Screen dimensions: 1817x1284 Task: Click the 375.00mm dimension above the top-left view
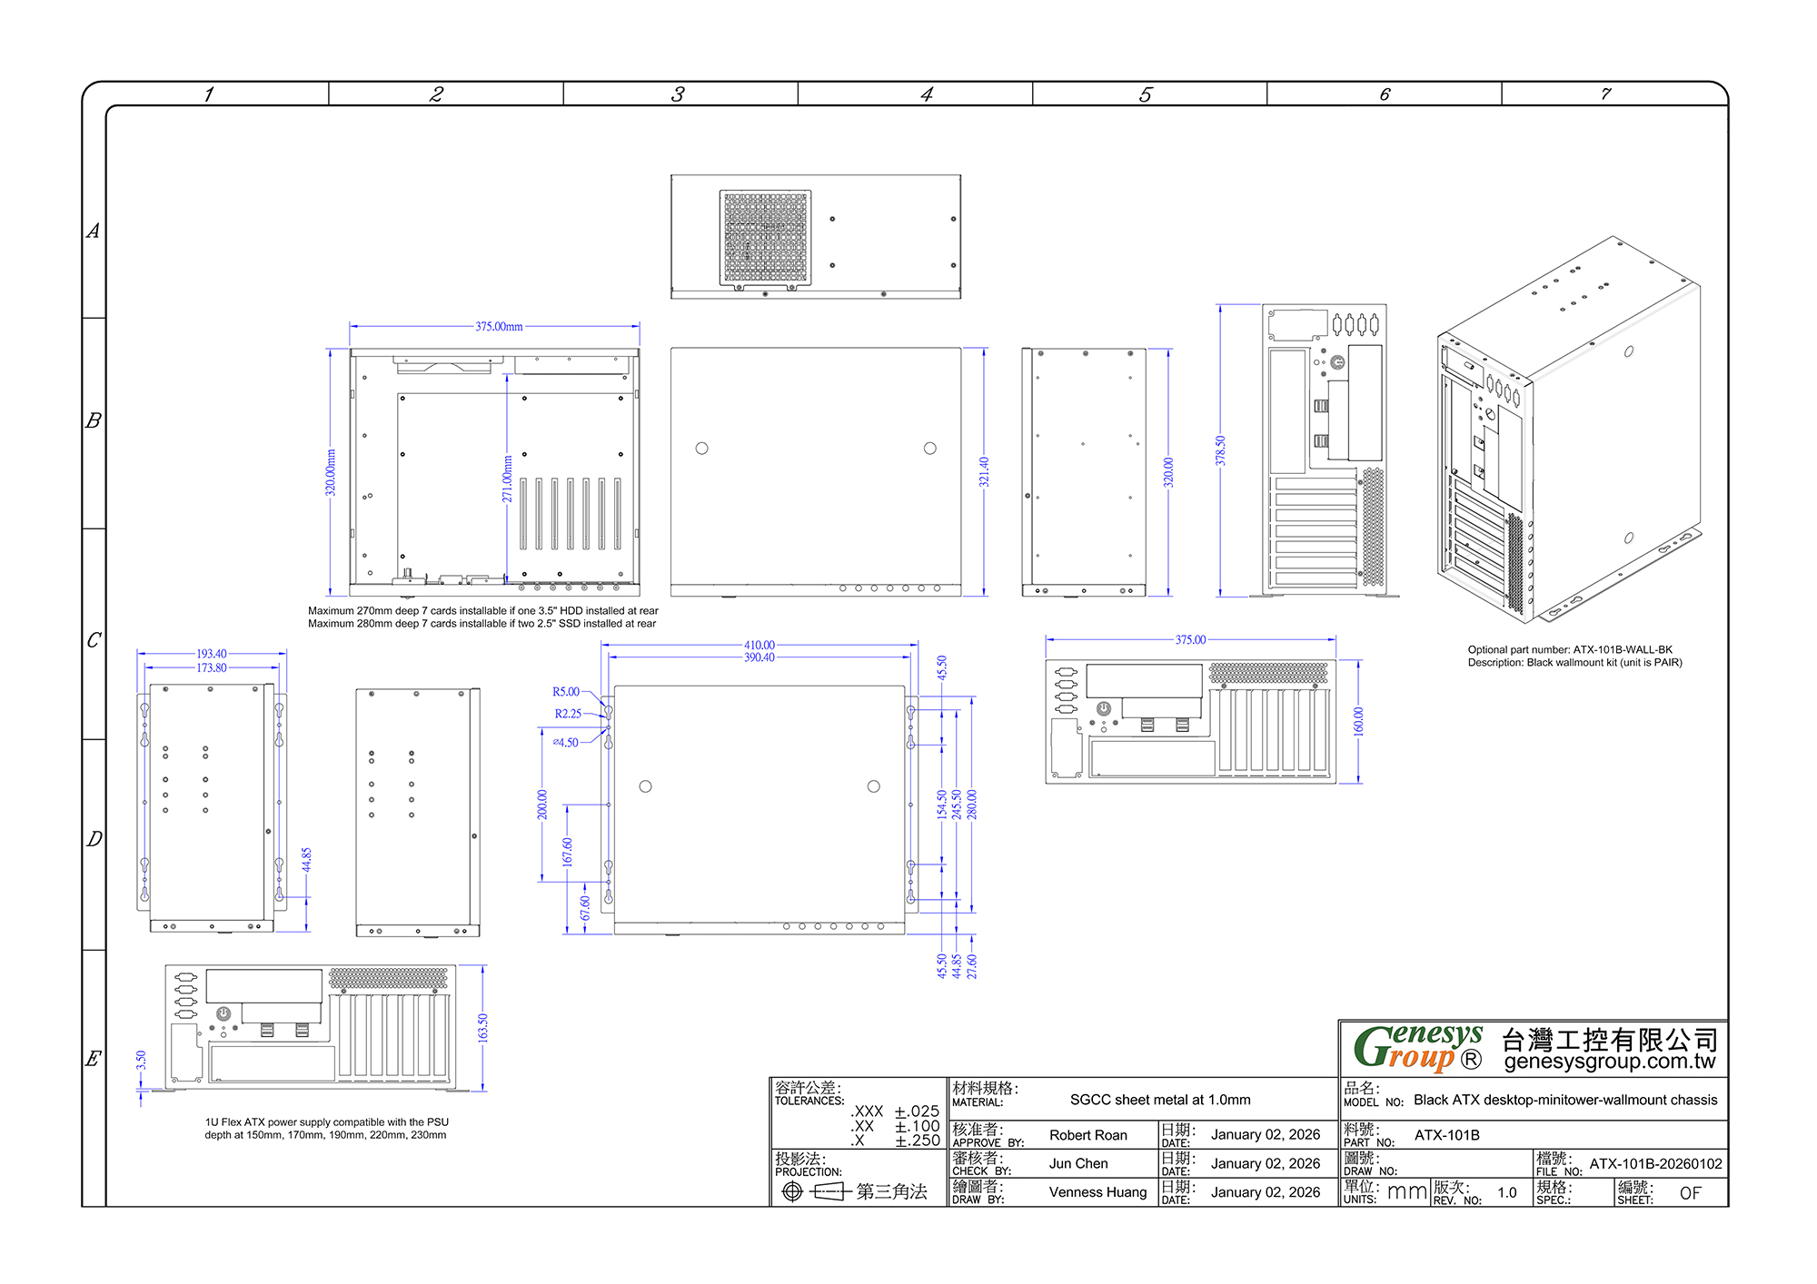tap(499, 327)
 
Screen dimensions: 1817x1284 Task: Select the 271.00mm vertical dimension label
tap(508, 479)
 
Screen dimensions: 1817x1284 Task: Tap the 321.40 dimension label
tap(984, 472)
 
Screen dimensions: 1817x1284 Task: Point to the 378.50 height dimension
tap(1220, 451)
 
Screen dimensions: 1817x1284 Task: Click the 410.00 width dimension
tap(760, 646)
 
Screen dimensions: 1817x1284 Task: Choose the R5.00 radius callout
tap(566, 692)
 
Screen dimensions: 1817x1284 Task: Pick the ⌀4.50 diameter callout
tap(565, 743)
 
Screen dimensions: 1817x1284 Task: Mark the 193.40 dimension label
tap(212, 654)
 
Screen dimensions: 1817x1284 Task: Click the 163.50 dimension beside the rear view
tap(482, 1028)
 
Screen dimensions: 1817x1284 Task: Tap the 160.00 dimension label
tap(1358, 721)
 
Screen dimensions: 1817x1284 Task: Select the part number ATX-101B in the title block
tap(1446, 1135)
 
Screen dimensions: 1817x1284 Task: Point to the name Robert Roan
tap(1087, 1135)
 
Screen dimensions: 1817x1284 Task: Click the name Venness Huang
tap(1097, 1192)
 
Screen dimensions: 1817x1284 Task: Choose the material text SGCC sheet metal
tap(1160, 1100)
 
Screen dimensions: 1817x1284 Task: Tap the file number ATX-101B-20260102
tap(1655, 1164)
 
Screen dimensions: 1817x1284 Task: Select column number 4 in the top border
tap(926, 94)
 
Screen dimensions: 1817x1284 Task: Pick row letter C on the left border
tap(94, 640)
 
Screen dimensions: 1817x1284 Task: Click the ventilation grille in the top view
tap(765, 238)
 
